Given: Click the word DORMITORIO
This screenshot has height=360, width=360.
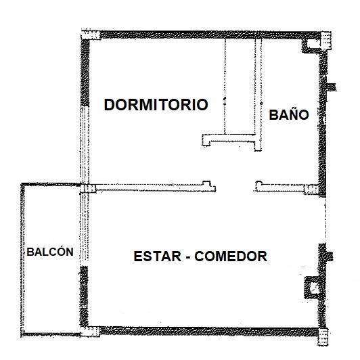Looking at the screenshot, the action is click(x=156, y=105).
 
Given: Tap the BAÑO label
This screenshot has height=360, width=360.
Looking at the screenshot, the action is click(x=289, y=114).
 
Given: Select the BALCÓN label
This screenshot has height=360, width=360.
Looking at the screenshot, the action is click(x=50, y=252).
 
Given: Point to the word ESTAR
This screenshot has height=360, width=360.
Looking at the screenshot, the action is click(x=158, y=256).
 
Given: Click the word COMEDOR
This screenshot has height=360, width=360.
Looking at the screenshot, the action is click(x=231, y=256).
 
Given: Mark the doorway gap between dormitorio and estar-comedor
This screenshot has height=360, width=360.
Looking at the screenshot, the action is click(x=235, y=187).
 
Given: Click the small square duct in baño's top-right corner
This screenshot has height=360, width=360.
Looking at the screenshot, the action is click(x=313, y=43).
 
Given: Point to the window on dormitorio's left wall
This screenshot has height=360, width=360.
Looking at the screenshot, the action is click(x=85, y=145).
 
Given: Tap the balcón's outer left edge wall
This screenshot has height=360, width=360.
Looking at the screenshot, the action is click(x=22, y=259).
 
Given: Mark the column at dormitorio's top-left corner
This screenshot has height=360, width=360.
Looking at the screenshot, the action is click(x=91, y=35).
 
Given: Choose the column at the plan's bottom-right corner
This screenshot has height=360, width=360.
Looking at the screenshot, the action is click(x=323, y=337).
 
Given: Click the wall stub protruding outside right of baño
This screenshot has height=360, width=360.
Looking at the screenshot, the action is click(x=332, y=87).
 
